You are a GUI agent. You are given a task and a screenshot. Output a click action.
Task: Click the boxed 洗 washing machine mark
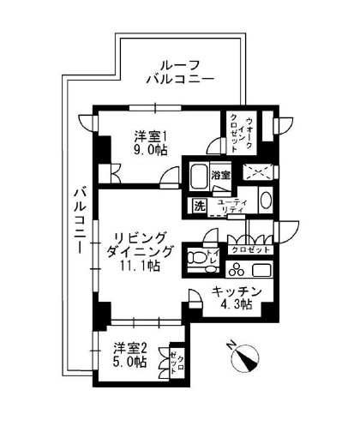(x=199, y=206)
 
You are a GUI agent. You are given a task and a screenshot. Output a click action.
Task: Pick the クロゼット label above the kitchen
(x=251, y=250)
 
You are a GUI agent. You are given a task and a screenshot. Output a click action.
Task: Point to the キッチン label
(x=232, y=291)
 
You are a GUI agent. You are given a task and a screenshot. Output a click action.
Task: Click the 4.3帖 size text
(x=233, y=305)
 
